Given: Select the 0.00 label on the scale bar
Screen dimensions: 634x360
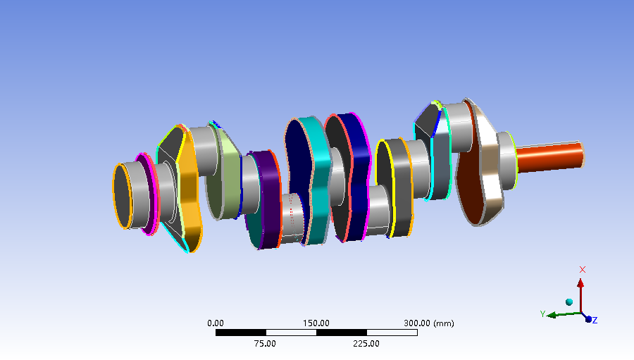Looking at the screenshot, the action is coord(215,323).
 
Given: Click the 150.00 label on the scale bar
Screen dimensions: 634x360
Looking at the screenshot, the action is coord(316,323).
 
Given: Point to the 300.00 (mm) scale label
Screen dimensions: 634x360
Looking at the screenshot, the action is coord(428,323).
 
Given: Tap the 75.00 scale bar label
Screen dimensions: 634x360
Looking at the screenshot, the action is coord(265,344).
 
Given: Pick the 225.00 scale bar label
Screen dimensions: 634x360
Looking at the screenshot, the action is coord(366,344).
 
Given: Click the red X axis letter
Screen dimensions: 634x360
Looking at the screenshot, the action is coord(583,270).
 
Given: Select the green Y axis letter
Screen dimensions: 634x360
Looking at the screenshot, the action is coord(542,314).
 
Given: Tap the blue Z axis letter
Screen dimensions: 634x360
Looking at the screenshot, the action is coord(595,321).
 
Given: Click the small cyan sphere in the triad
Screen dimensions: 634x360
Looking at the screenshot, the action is coord(569,302).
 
